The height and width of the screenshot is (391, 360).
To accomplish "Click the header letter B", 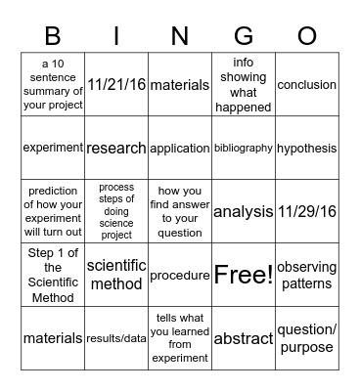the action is (x=53, y=35).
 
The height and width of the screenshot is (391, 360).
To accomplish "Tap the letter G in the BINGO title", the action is (x=244, y=35).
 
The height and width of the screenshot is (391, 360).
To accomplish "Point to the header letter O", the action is (x=307, y=35).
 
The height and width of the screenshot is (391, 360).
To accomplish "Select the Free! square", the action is (x=244, y=275).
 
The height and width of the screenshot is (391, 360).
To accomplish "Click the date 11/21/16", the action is (x=116, y=85).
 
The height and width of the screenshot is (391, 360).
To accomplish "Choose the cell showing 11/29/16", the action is (x=306, y=211).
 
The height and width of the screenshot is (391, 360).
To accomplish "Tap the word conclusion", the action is (x=306, y=85).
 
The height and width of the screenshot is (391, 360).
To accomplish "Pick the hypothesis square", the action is (x=306, y=149).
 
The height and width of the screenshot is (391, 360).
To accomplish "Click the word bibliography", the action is (x=244, y=149).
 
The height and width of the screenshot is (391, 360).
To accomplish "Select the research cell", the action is (x=116, y=149).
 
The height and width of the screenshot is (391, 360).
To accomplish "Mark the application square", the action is (x=180, y=149).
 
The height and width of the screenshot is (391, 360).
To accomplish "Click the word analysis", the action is (x=244, y=211).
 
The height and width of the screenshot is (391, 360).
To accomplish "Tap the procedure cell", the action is (x=180, y=275).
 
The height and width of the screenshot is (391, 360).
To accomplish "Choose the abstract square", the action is (x=244, y=337).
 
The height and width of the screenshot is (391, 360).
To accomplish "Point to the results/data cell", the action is (x=116, y=337).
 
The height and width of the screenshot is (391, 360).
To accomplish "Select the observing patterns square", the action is (x=306, y=275).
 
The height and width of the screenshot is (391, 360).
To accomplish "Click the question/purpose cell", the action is (x=306, y=337).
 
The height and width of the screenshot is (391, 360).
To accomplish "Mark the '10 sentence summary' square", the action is (x=53, y=85).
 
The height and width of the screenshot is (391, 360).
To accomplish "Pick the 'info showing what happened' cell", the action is (x=244, y=85).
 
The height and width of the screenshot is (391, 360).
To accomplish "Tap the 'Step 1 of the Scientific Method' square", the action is (x=53, y=275).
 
